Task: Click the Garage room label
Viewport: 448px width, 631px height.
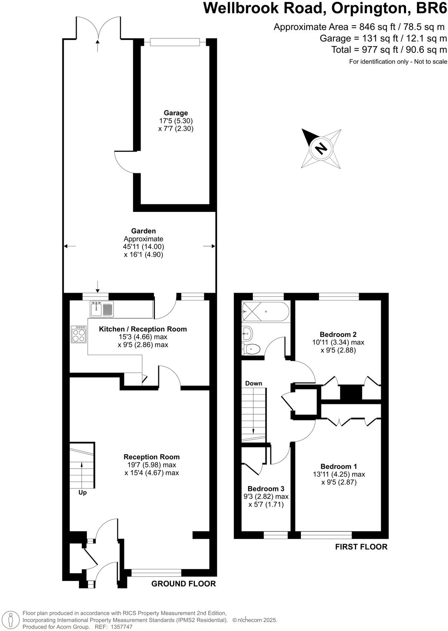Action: coord(176,113)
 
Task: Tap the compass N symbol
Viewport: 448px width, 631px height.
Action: coord(321,148)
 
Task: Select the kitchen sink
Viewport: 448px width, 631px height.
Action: coord(102,309)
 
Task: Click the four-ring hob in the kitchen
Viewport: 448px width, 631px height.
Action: coord(79,334)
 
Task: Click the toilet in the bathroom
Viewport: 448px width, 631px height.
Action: coord(251,349)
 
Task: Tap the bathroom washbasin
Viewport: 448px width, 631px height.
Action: coord(247,332)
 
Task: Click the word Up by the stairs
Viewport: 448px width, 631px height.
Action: coord(83,492)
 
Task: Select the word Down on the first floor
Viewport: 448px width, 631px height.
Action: coord(253,383)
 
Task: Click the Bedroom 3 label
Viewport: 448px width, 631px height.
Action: coord(266,489)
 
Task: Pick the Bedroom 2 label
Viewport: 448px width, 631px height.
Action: coord(338,334)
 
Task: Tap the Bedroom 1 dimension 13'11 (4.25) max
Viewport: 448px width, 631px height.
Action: coord(339,474)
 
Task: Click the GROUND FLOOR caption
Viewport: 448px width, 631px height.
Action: coord(183,584)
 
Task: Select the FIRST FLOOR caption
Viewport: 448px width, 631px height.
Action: coord(361,547)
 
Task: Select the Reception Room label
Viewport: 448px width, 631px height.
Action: coord(152,457)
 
